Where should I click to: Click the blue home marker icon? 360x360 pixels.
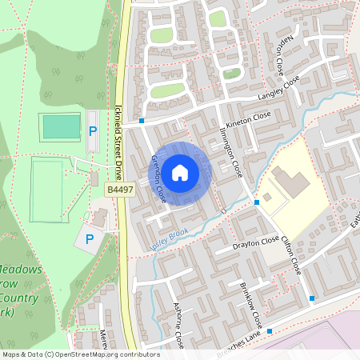tap(180, 171)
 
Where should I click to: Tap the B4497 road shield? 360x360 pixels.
tap(118, 190)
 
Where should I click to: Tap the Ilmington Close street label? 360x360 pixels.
tap(231, 152)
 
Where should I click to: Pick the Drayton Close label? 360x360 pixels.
tap(256, 241)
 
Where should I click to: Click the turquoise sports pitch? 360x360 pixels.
tap(61, 126)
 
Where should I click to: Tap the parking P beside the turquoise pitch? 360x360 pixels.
tap(93, 131)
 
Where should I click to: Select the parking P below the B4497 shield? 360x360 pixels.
tap(89, 238)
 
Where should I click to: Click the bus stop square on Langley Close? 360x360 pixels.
tap(142, 121)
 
